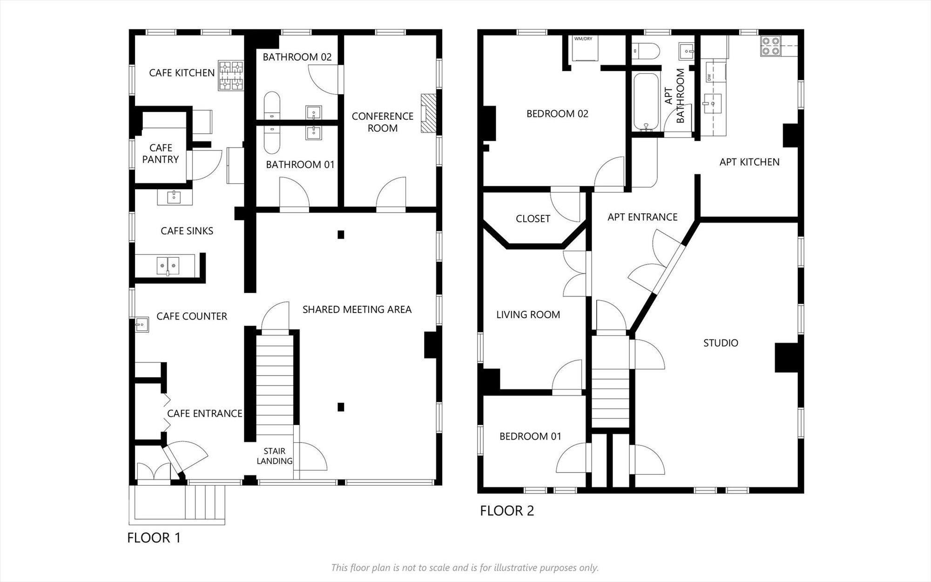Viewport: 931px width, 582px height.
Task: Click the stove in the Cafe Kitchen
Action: click(231, 75)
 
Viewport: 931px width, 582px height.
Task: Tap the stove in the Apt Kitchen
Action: click(770, 47)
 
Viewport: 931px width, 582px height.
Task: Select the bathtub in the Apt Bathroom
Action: click(646, 102)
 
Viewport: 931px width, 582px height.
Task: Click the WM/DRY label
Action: click(583, 39)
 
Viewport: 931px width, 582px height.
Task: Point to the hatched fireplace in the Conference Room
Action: click(429, 113)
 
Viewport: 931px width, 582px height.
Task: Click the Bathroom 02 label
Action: click(297, 57)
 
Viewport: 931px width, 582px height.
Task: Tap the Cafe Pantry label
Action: click(161, 153)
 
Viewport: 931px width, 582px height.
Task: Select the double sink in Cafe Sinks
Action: click(168, 266)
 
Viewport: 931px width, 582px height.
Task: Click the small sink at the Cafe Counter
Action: click(142, 324)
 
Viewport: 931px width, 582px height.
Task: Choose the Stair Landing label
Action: click(275, 456)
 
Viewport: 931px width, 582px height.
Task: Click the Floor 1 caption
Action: click(154, 538)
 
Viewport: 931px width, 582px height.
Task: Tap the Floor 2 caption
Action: click(507, 511)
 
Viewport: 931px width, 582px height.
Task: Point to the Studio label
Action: click(721, 343)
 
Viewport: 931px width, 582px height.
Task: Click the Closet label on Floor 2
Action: click(533, 219)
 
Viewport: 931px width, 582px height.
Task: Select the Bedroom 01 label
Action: click(530, 436)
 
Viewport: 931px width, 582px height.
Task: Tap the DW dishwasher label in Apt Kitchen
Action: click(709, 77)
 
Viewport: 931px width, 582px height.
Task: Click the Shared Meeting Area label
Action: click(357, 309)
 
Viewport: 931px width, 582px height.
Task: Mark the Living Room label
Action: click(528, 315)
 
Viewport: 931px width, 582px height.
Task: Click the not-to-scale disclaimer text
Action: click(465, 568)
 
